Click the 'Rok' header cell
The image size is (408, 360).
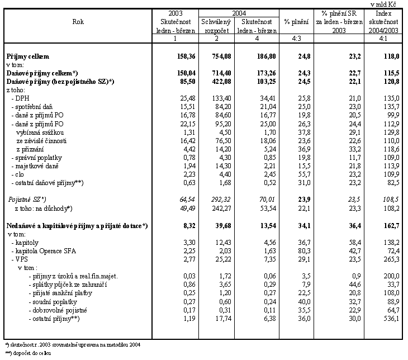[79, 22]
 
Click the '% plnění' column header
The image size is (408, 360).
[296, 22]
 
